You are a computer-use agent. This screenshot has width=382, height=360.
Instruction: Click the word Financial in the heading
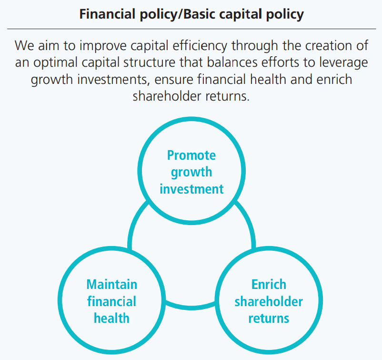point(108,14)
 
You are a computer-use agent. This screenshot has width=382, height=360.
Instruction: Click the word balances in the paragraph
point(232,62)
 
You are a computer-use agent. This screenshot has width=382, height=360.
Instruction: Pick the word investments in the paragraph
point(113,80)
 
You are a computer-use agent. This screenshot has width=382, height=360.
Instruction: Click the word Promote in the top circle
point(191,155)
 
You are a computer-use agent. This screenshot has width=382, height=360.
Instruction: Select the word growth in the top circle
point(191,173)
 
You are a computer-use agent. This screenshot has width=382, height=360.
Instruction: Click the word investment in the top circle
point(191,189)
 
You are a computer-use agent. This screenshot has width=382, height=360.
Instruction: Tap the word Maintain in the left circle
point(112,284)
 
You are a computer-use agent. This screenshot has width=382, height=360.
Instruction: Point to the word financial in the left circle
point(111,301)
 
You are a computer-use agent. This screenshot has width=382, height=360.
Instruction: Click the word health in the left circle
point(111,318)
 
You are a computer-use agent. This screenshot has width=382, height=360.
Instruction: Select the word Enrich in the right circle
point(269,284)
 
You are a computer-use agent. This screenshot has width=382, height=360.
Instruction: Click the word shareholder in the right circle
point(269,301)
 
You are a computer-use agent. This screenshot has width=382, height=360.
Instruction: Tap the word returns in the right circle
point(269,319)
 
